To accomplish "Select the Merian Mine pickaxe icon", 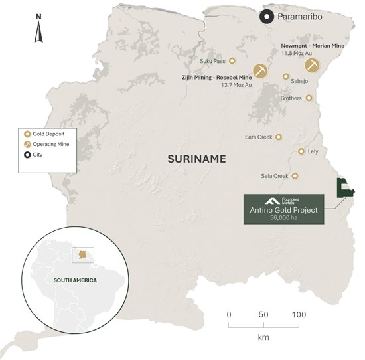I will [312, 65].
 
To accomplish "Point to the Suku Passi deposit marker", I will [233, 61].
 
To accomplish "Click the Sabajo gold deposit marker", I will [286, 77].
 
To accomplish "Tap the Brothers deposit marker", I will [309, 98].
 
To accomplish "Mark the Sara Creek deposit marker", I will [279, 137].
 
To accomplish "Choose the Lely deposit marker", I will [302, 151].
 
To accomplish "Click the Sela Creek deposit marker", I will [295, 176].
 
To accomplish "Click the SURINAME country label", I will [196, 159].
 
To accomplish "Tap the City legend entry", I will [37, 155].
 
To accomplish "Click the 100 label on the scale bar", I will [299, 314].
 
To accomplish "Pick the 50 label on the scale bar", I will [263, 314].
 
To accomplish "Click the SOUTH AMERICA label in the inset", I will [75, 280].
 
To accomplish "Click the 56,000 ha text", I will [283, 218].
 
